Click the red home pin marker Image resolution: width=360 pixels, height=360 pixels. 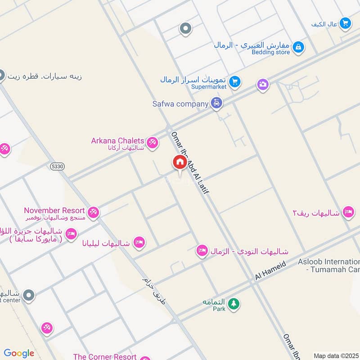tap(179, 162)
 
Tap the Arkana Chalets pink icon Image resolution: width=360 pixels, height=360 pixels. tap(153, 143)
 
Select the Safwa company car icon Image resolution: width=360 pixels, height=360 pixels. tap(217, 103)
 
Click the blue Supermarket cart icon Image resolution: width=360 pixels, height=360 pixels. tap(234, 82)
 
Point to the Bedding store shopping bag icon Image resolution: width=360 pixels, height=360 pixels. tap(298, 46)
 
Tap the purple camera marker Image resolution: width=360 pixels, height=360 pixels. tap(263, 84)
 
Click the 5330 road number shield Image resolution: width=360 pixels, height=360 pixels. tap(58, 166)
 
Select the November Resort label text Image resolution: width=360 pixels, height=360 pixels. tap(54, 210)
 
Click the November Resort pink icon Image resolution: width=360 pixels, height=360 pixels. tap(93, 211)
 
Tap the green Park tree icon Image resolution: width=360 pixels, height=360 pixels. tap(233, 304)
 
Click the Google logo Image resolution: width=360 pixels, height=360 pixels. tap(19, 353)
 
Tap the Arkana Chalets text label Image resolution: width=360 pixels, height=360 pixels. tap(117, 141)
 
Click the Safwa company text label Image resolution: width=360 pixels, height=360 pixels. tap(180, 104)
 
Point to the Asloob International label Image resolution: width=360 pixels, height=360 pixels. tap(328, 262)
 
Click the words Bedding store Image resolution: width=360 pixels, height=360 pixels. tap(270, 52)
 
